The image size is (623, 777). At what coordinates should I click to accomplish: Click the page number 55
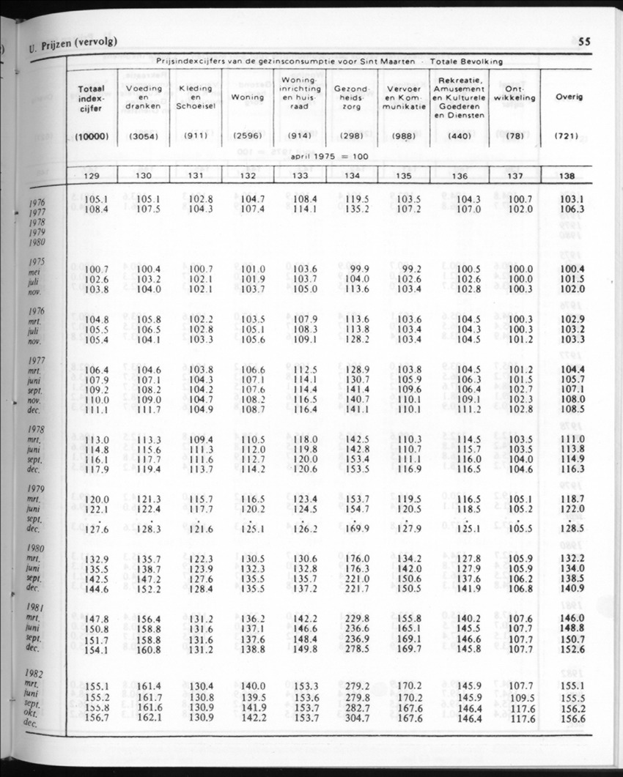click(584, 42)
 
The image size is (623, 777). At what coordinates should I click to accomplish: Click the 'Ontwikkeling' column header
click(515, 93)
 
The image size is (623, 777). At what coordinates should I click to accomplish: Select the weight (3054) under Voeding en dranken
click(144, 135)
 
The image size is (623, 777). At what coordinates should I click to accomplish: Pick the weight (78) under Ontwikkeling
click(515, 135)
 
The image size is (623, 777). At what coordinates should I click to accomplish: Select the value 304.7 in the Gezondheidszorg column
click(357, 720)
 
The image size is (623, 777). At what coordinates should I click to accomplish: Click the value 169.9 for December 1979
click(357, 528)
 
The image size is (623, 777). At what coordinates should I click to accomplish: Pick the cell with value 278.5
click(357, 650)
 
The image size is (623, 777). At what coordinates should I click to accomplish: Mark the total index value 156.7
click(96, 720)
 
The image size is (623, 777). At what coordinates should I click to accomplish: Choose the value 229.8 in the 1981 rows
click(357, 620)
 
